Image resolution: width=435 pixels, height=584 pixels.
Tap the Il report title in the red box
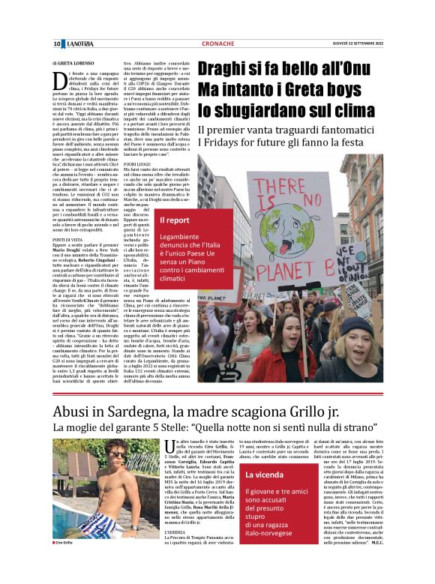175,220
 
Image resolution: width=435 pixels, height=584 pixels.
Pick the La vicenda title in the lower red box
263,454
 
